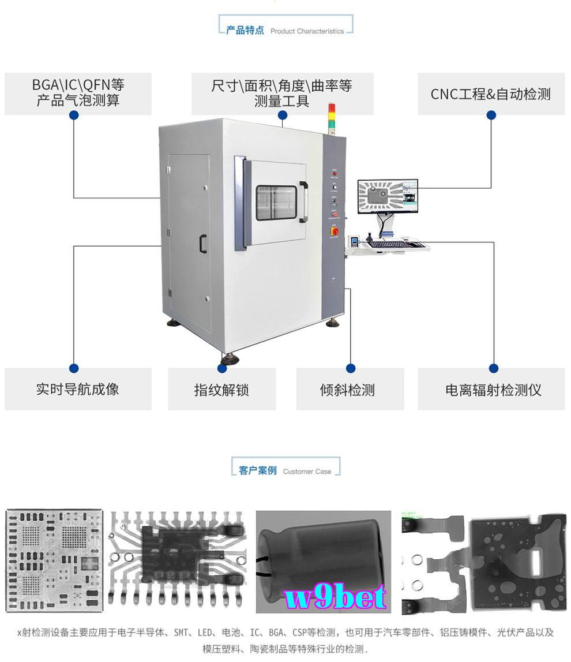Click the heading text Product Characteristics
(x=307, y=31)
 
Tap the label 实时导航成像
(x=78, y=389)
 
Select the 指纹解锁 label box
(x=221, y=389)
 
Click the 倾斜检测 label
(x=347, y=390)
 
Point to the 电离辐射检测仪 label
(x=493, y=390)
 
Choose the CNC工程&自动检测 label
(x=491, y=93)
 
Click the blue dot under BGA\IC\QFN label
(x=74, y=115)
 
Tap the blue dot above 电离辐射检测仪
(x=493, y=368)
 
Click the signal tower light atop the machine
(x=331, y=119)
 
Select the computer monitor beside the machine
(x=388, y=197)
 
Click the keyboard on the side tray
(x=388, y=244)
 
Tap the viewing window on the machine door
(x=276, y=203)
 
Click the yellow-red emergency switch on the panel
(x=335, y=230)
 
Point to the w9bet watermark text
(x=335, y=597)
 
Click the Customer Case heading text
(x=307, y=472)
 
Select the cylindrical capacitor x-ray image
(x=323, y=562)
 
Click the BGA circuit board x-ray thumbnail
(x=54, y=560)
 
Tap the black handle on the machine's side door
(x=203, y=244)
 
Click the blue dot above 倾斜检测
(x=350, y=368)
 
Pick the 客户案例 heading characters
(x=257, y=470)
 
